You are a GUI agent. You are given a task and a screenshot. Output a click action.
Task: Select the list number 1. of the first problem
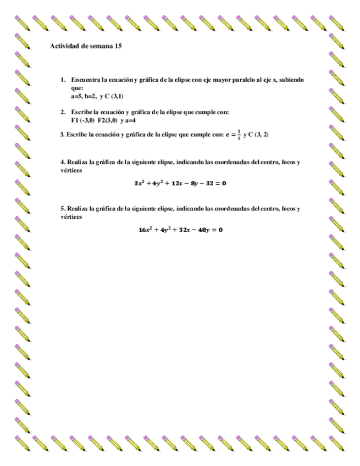[x=64, y=80]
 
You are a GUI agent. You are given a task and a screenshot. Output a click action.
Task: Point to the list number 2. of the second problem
[x=64, y=112]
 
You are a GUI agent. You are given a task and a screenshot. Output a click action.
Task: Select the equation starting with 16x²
[x=180, y=229]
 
